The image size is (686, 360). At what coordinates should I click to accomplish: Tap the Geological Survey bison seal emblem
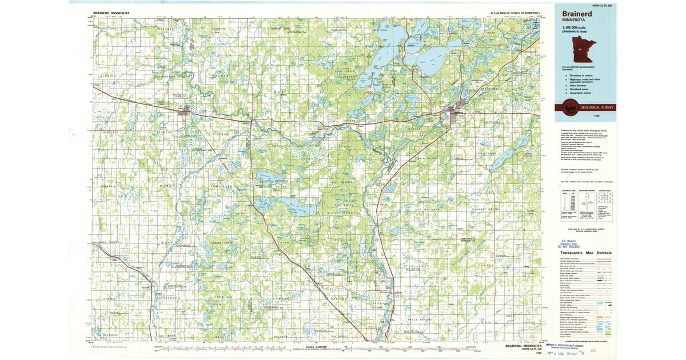tap(569, 107)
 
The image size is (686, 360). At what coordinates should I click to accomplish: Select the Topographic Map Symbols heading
tap(586, 253)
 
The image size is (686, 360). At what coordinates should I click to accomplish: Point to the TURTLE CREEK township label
tap(222, 243)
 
